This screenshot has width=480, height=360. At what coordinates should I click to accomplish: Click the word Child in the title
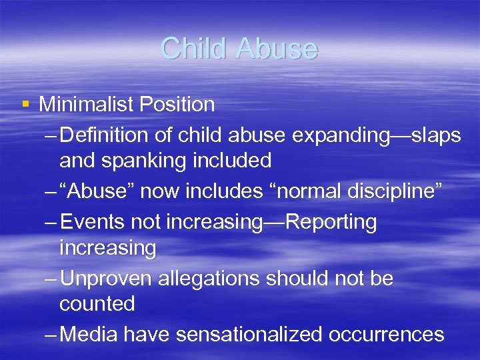193,48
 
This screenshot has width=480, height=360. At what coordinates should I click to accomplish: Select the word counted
97,303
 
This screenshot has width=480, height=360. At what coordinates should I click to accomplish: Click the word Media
87,334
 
